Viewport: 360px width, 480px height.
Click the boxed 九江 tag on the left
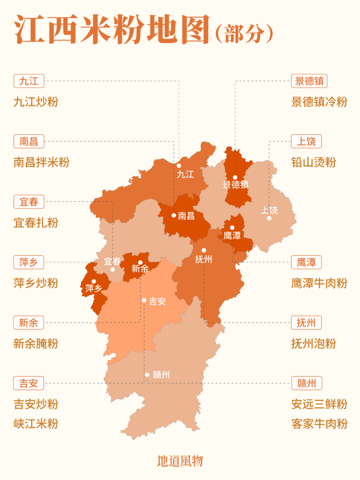[29, 80]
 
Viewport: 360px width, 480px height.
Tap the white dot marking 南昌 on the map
[174, 215]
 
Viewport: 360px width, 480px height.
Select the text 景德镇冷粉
[319, 102]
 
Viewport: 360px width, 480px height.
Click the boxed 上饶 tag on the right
[306, 141]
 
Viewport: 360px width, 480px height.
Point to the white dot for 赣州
[147, 375]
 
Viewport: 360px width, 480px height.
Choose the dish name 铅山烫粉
[313, 162]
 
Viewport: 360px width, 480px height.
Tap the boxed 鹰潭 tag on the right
[306, 262]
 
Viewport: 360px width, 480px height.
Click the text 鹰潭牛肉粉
[319, 283]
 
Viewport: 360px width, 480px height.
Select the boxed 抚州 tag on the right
[306, 323]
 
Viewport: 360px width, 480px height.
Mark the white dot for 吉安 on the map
[145, 300]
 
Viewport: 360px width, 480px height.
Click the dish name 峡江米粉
[36, 424]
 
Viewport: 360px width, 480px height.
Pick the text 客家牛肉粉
[319, 424]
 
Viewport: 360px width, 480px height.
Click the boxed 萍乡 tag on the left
[29, 262]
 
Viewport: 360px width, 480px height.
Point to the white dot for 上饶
[269, 218]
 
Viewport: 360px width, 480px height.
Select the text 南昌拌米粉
[42, 162]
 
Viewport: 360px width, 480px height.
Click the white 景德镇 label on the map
[236, 185]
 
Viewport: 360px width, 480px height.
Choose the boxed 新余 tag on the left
[29, 323]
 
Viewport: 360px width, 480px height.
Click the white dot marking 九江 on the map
[179, 166]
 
